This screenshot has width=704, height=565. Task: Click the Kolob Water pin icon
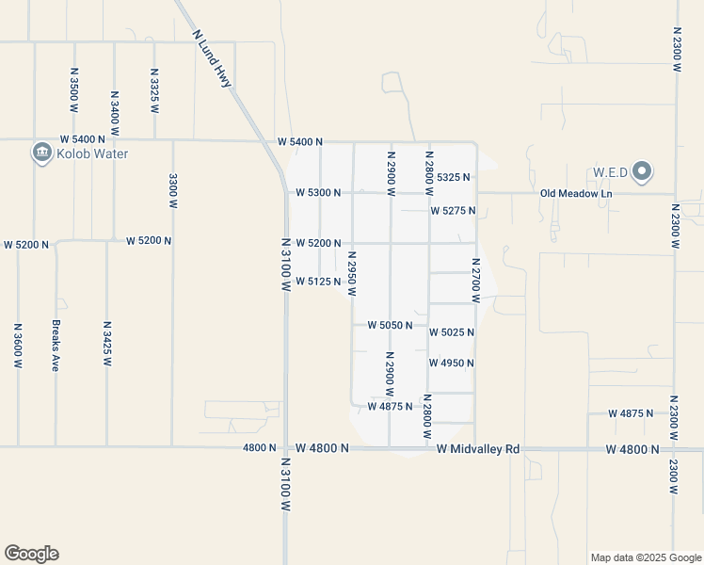pyautogui.click(x=41, y=153)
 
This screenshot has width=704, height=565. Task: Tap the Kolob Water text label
pyautogui.click(x=91, y=153)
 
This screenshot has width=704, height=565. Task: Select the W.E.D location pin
pyautogui.click(x=642, y=171)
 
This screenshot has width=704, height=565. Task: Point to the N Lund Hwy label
pyautogui.click(x=212, y=58)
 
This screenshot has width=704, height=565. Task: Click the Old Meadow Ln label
pyautogui.click(x=576, y=194)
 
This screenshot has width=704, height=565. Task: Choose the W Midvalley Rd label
pyautogui.click(x=478, y=449)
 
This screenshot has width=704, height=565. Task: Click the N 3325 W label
pyautogui.click(x=154, y=89)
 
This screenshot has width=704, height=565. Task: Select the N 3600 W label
pyautogui.click(x=18, y=346)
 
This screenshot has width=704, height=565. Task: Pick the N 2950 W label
pyautogui.click(x=352, y=274)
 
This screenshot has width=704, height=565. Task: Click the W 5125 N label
pyautogui.click(x=318, y=282)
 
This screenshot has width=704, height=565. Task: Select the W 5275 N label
pyautogui.click(x=453, y=211)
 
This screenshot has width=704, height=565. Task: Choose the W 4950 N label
pyautogui.click(x=451, y=363)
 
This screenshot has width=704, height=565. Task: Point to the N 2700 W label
pyautogui.click(x=476, y=281)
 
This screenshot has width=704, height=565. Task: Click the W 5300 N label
pyautogui.click(x=318, y=192)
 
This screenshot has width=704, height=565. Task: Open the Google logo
pyautogui.click(x=31, y=554)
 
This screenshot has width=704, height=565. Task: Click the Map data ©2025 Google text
pyautogui.click(x=645, y=557)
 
